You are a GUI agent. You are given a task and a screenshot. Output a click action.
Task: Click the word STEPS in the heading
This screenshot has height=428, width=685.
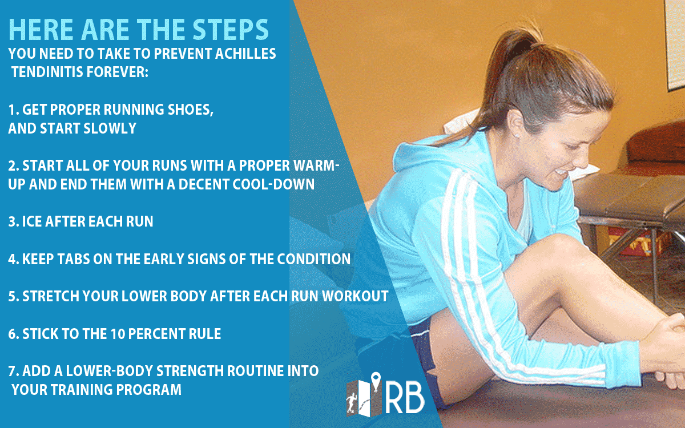(231, 30)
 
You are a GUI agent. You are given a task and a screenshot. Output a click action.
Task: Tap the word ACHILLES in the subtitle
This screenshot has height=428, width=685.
(245, 54)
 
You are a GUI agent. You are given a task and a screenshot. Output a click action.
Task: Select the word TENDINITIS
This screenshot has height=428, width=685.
(47, 72)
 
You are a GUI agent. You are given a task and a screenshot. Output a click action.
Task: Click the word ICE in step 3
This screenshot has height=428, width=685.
(32, 221)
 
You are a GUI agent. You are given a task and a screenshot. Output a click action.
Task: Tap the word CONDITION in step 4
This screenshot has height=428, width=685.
(314, 259)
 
